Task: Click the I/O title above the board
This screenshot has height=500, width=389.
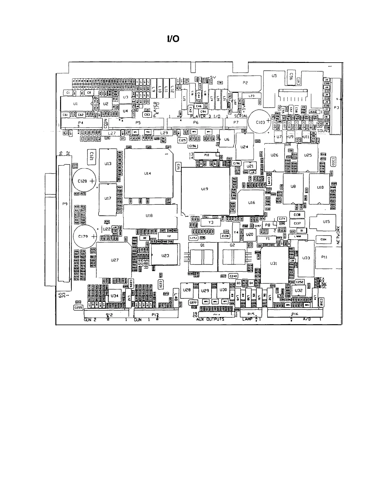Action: [173, 39]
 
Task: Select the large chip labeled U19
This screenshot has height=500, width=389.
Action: [206, 191]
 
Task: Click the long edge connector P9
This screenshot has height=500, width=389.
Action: [65, 223]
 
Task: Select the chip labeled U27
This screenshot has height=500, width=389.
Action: [114, 260]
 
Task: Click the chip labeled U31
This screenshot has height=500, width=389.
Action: [274, 264]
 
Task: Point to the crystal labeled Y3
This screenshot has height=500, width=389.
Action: [211, 222]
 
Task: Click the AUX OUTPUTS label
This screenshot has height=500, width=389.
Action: [210, 319]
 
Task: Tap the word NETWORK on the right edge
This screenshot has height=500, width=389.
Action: [339, 234]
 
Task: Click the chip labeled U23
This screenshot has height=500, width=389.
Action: [165, 255]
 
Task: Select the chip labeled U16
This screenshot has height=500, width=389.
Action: [251, 203]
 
